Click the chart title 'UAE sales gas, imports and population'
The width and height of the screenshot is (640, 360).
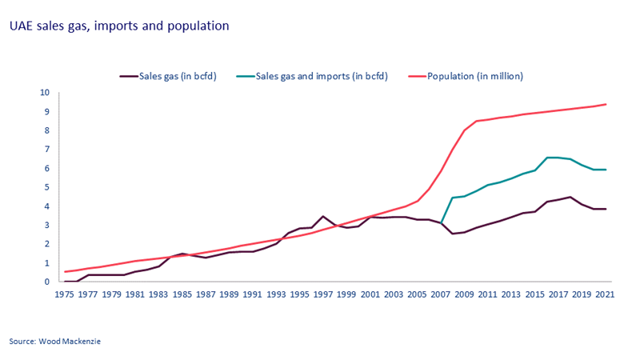tap(119, 26)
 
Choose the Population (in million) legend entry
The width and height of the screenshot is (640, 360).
tap(472, 76)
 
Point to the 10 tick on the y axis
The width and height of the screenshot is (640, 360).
tap(45, 93)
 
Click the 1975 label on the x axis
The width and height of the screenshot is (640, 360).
tap(65, 293)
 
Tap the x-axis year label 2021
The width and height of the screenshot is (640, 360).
tap(605, 293)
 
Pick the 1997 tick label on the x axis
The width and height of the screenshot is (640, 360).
tap(323, 293)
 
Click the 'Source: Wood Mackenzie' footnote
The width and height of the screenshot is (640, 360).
tap(55, 342)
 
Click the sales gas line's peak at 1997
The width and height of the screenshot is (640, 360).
tap(323, 216)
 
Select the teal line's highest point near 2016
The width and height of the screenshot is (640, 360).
tap(547, 158)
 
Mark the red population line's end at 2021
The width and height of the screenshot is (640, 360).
tap(606, 104)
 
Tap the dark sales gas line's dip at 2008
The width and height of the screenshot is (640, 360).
tap(453, 234)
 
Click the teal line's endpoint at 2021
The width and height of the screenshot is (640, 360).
tap(606, 170)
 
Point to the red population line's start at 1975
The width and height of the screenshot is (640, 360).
tap(65, 272)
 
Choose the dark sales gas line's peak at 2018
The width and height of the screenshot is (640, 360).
tap(570, 197)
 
